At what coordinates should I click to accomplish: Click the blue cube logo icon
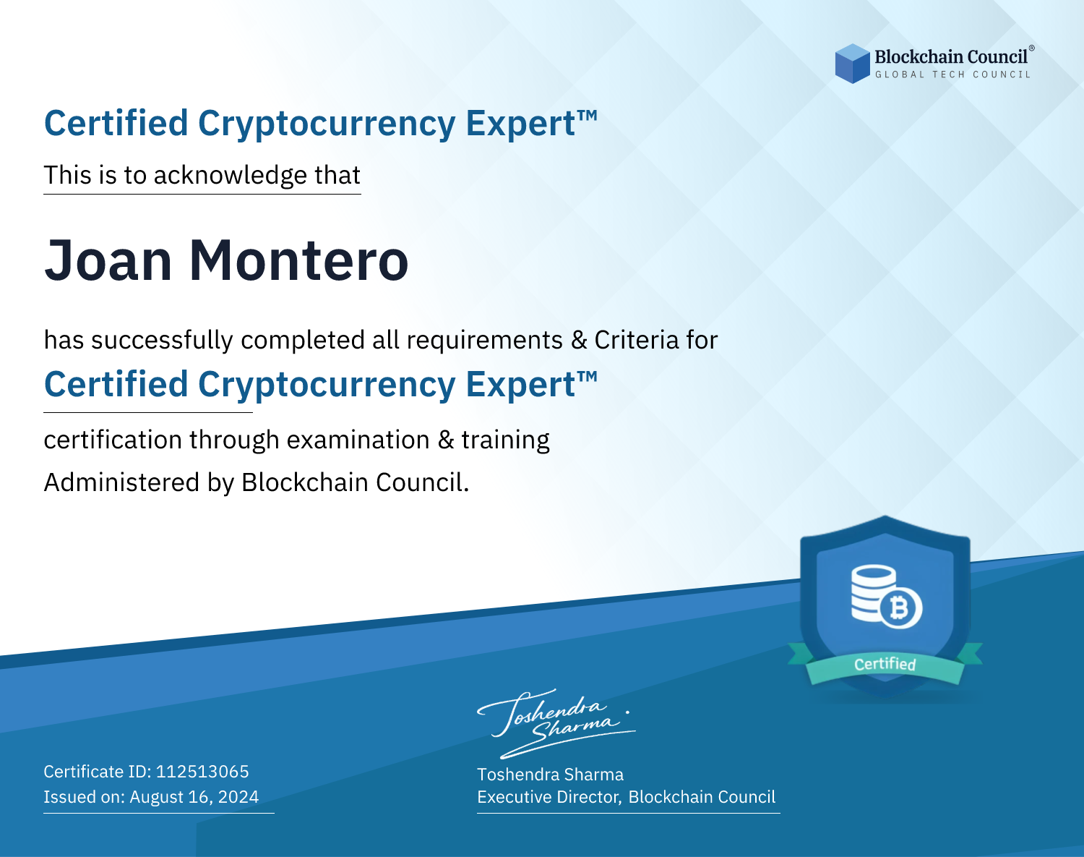[x=852, y=64]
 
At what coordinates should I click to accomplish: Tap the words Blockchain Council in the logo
[x=951, y=57]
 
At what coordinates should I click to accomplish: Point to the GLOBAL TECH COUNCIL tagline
[x=953, y=74]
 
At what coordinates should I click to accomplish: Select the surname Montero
[x=298, y=260]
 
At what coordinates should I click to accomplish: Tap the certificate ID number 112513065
[x=202, y=771]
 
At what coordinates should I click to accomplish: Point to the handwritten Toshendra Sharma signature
[x=556, y=723]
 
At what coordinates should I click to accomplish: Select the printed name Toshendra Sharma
[x=550, y=775]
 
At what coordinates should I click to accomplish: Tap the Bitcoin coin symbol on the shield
[x=900, y=608]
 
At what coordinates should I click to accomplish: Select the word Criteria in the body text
[x=636, y=340]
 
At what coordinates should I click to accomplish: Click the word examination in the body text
[x=358, y=440]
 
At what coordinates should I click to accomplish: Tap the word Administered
[x=122, y=482]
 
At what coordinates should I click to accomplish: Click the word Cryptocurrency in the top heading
[x=327, y=124]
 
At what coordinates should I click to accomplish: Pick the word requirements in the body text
[x=485, y=341]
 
